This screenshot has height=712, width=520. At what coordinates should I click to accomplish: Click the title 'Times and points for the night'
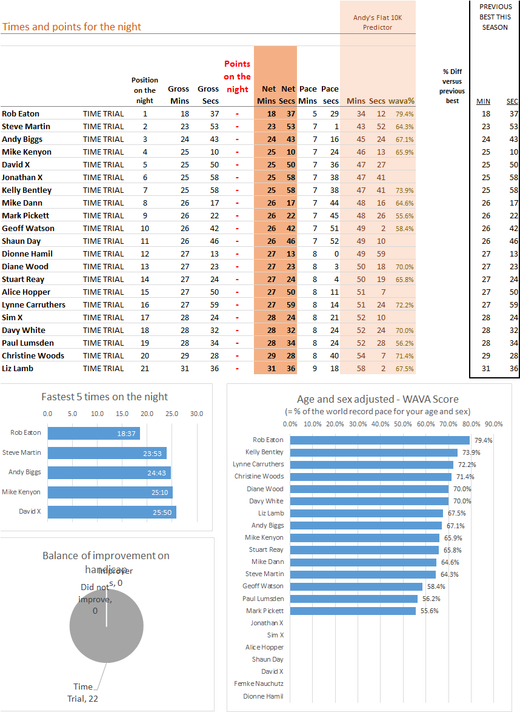click(x=72, y=27)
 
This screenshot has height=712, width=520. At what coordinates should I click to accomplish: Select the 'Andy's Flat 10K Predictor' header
click(x=378, y=22)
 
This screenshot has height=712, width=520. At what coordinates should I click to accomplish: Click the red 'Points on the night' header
click(x=237, y=76)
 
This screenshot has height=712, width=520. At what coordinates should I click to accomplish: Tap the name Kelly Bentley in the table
click(x=27, y=190)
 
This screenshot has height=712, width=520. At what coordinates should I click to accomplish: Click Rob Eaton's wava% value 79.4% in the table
click(x=404, y=114)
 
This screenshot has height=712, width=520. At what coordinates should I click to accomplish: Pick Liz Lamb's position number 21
click(x=145, y=368)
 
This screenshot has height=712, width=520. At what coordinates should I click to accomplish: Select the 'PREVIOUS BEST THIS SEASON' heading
click(x=495, y=17)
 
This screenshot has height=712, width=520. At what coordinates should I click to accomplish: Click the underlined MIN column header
click(x=483, y=101)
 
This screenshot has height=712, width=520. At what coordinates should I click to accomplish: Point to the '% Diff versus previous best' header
click(x=452, y=86)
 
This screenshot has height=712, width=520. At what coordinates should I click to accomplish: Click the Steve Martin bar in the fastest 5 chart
click(x=107, y=452)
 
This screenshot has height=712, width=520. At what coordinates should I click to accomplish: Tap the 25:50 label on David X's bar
click(x=162, y=512)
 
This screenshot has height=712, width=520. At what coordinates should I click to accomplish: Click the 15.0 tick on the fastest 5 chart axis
click(x=122, y=414)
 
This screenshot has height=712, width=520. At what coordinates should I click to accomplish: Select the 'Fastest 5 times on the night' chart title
click(x=104, y=397)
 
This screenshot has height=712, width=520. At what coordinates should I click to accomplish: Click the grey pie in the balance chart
click(x=107, y=626)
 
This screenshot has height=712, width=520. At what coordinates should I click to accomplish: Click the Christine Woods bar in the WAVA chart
click(x=371, y=477)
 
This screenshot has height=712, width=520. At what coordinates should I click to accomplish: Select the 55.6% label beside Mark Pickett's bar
click(x=429, y=611)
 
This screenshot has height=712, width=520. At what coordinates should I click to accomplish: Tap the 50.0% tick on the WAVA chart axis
click(x=402, y=424)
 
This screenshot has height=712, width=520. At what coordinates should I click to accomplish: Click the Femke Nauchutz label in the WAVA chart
click(x=259, y=683)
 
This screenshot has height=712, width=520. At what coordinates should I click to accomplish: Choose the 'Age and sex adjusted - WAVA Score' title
click(x=378, y=399)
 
